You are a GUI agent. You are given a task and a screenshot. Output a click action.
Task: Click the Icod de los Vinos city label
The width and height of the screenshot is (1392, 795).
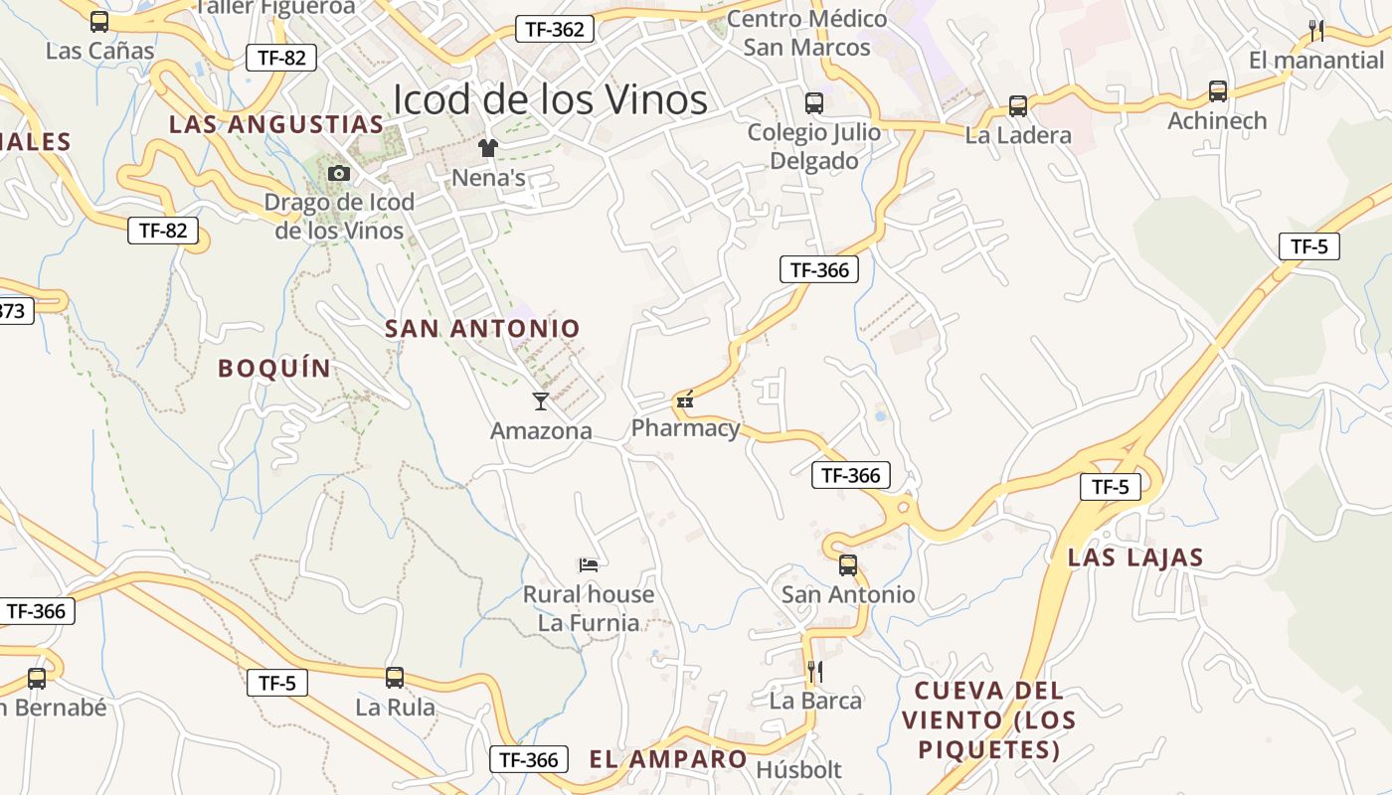click(x=550, y=100)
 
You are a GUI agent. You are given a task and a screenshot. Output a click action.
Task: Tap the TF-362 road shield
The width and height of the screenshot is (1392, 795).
click(x=554, y=29)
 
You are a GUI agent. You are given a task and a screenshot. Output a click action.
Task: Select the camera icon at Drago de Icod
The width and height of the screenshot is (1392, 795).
click(x=339, y=174)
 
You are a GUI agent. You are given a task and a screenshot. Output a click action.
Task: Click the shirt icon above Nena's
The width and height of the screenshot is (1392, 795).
click(x=488, y=148)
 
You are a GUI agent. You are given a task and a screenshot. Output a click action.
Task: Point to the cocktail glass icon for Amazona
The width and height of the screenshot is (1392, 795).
click(x=541, y=400)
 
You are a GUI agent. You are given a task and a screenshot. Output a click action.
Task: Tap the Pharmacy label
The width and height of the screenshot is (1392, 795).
click(x=686, y=428)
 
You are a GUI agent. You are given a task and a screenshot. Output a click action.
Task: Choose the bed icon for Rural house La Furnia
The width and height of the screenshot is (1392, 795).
click(x=589, y=565)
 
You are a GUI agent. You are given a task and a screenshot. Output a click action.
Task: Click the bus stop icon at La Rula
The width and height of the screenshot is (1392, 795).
click(x=395, y=678)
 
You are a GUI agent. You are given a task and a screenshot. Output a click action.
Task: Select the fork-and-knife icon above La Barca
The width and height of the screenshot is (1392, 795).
click(x=815, y=672)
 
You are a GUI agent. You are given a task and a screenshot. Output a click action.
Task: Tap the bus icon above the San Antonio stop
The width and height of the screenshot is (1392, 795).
click(x=848, y=565)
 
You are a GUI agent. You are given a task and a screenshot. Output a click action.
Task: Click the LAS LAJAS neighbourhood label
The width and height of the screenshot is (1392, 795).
click(x=1135, y=557)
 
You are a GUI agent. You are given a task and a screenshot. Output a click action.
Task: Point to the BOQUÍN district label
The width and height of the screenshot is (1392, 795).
click(x=274, y=369)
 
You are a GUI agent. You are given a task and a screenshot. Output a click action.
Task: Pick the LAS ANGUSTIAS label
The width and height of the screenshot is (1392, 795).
click(x=275, y=124)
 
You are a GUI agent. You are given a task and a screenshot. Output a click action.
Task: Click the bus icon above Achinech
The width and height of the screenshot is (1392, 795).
click(x=1218, y=91)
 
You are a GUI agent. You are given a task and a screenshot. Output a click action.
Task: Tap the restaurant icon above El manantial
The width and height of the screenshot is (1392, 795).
click(x=1316, y=30)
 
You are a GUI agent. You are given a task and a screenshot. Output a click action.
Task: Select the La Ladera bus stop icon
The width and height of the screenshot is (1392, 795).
click(x=1018, y=106)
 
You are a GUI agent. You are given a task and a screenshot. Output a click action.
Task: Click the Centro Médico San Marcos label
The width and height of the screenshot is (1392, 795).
click(x=806, y=33)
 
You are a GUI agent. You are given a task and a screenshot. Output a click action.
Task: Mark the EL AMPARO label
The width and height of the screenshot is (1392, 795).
click(x=668, y=759)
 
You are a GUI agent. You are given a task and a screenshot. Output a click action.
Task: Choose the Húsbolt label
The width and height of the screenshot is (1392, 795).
click(x=798, y=770)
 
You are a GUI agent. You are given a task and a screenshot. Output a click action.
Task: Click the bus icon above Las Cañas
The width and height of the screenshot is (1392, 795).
click(x=99, y=21)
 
